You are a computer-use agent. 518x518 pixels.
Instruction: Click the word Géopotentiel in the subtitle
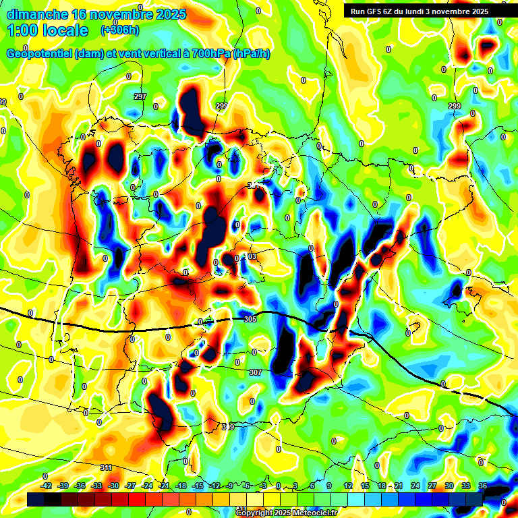click(39, 53)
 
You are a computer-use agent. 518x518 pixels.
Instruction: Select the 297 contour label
click(140, 96)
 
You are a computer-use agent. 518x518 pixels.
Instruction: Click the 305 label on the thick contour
click(250, 319)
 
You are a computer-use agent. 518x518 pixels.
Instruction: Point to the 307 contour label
click(255, 372)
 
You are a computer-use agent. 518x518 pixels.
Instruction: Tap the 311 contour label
click(106, 467)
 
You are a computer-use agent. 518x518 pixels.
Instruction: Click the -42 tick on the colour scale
click(47, 486)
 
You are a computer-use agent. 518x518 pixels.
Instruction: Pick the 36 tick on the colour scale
click(482, 486)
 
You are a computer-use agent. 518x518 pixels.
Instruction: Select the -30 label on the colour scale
click(113, 486)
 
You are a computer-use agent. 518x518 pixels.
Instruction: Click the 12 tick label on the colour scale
click(348, 486)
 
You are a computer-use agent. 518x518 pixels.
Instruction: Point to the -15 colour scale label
click(198, 486)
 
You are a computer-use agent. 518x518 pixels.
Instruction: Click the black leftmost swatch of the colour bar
click(36, 498)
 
